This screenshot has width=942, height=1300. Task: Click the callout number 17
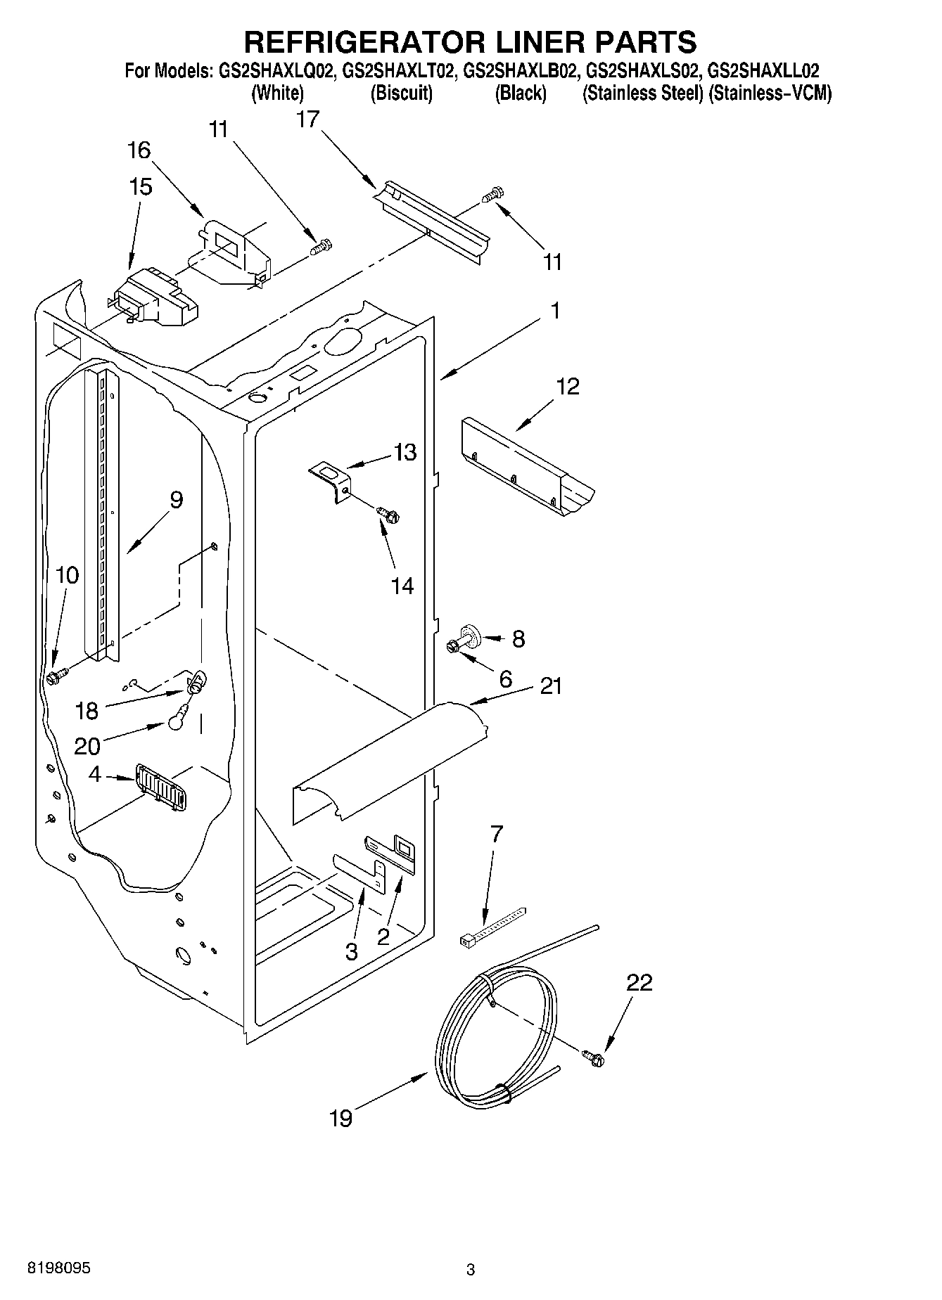307,120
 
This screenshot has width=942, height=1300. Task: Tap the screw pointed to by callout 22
592,1057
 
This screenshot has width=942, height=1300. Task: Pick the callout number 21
551,686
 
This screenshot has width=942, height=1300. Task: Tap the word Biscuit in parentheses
401,93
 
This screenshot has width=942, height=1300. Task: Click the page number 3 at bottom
471,1270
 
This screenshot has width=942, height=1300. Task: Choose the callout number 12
568,387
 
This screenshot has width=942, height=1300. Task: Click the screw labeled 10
56,677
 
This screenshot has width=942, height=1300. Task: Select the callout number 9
175,500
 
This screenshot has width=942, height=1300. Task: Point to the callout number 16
139,150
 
